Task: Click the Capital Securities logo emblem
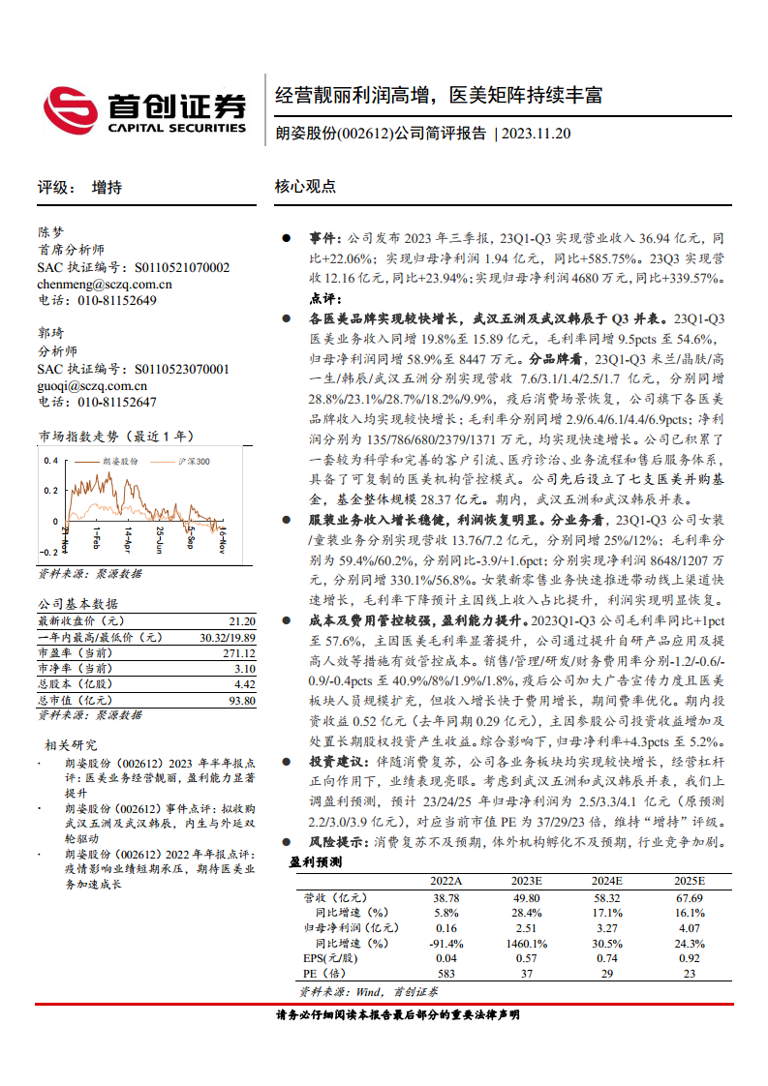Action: (70, 108)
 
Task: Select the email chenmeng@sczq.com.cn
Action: (105, 285)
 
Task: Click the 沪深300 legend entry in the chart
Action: (194, 462)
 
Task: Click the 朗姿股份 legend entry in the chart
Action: (121, 462)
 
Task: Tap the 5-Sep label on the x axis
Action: (191, 535)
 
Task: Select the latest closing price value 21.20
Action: (242, 620)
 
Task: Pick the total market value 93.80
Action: (242, 700)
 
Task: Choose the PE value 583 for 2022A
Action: (446, 973)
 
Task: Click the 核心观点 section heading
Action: (305, 187)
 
